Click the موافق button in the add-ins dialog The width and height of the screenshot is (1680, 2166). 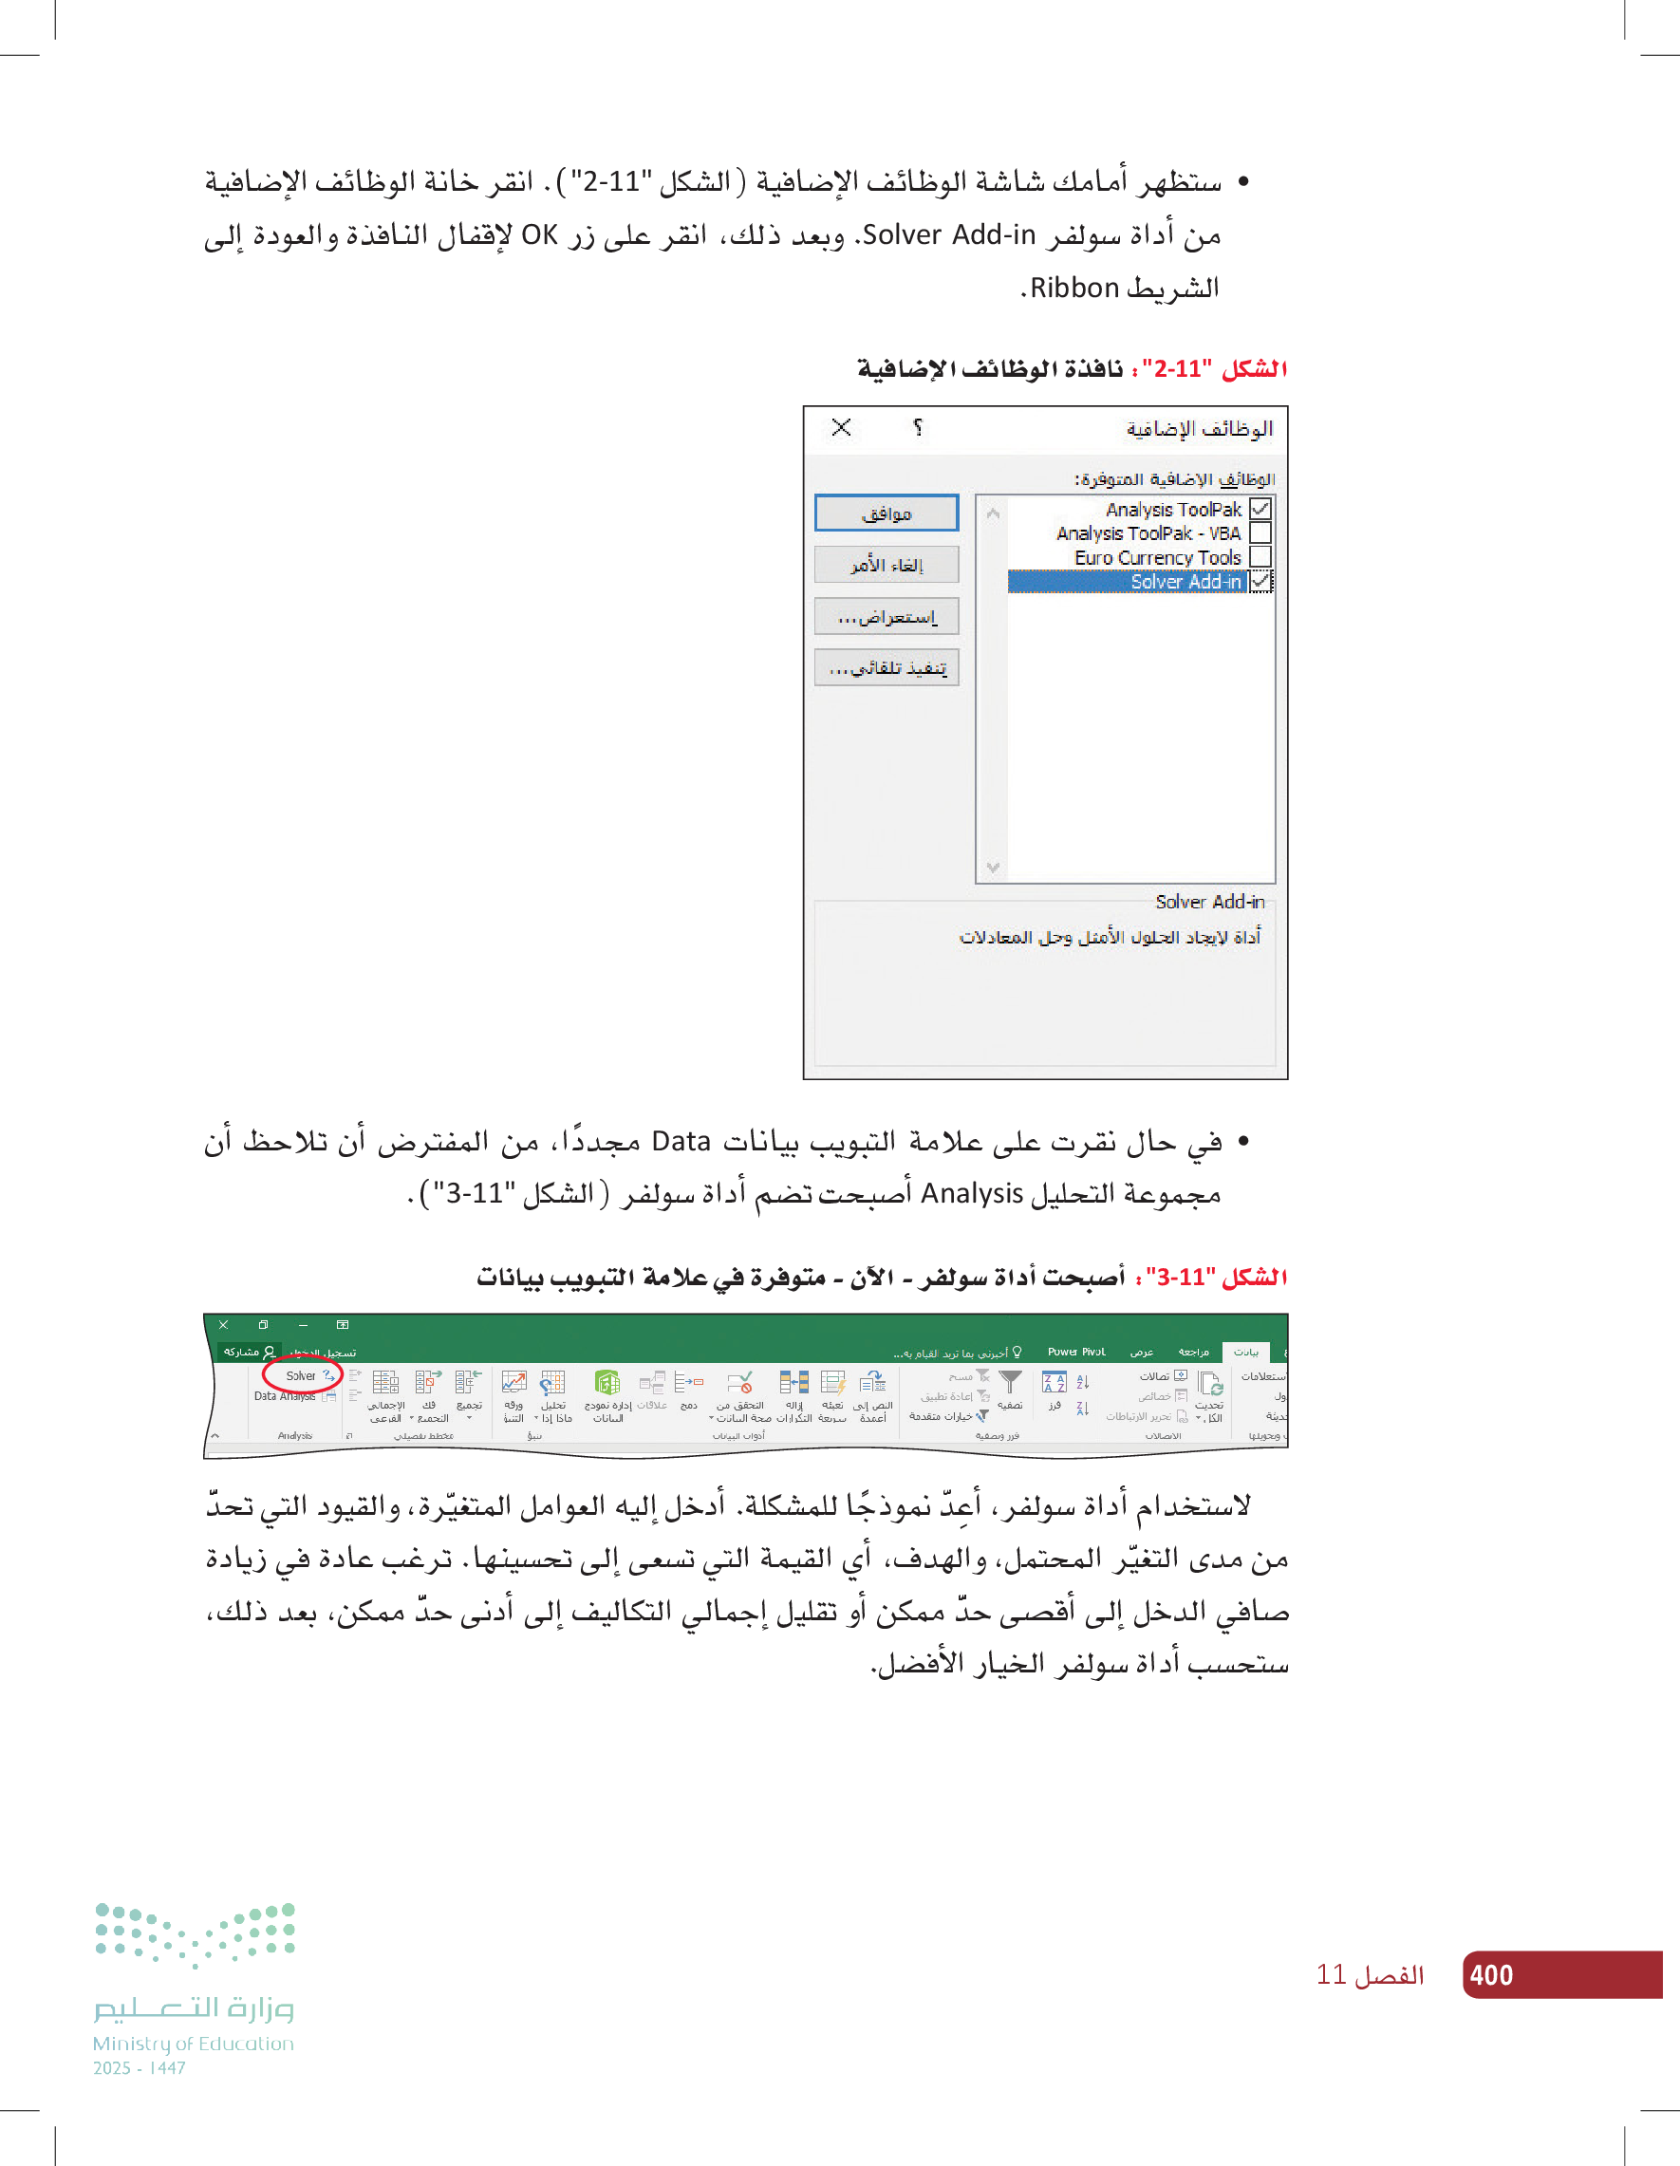click(886, 513)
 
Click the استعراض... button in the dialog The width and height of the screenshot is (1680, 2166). click(886, 617)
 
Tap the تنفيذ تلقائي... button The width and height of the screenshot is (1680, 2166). click(886, 668)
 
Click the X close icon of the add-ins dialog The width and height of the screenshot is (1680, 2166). click(841, 427)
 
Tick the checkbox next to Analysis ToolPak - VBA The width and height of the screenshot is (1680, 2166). click(1260, 533)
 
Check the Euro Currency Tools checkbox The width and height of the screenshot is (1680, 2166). click(1260, 557)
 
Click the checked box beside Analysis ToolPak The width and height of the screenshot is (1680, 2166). click(1260, 510)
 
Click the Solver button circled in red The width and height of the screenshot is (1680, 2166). click(303, 1375)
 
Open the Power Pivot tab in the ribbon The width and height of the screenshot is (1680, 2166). click(1076, 1352)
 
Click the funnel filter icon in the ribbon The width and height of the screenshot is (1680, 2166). click(1010, 1382)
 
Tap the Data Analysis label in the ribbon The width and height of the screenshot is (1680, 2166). click(285, 1396)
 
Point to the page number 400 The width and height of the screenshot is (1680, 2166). click(1490, 1974)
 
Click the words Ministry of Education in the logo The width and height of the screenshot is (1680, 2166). click(194, 2044)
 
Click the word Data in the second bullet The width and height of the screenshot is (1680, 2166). click(681, 1142)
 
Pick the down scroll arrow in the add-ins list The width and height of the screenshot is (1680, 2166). click(993, 868)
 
